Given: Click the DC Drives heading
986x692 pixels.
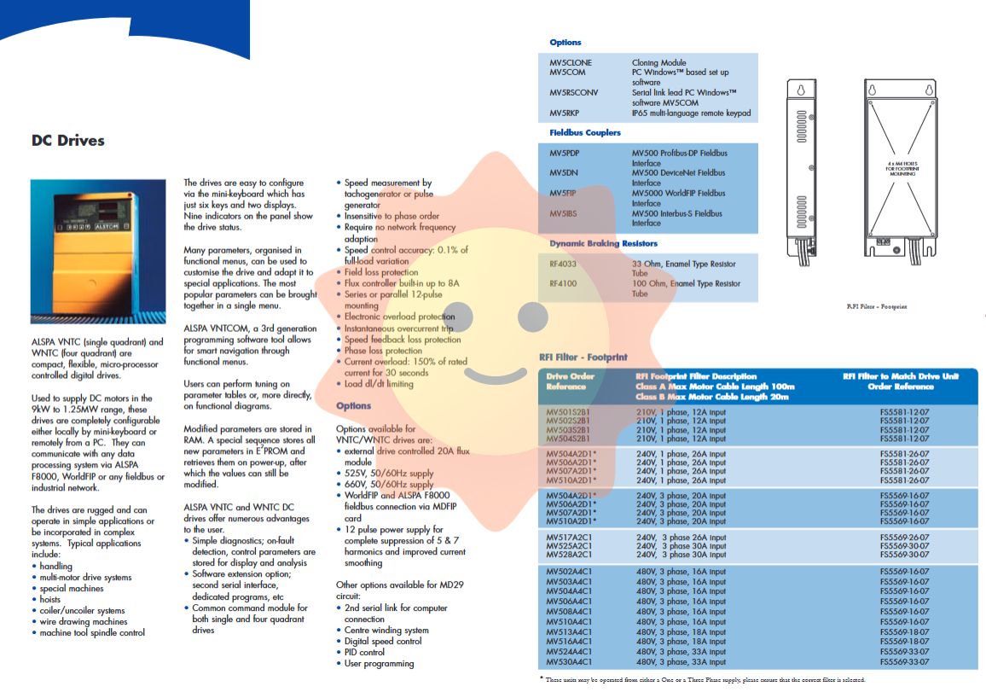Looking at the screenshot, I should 68,141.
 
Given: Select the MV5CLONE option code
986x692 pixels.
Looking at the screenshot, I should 571,63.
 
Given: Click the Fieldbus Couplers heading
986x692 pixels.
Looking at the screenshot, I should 585,133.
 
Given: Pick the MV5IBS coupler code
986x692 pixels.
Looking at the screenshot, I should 565,213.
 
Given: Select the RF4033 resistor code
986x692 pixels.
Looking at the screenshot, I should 562,265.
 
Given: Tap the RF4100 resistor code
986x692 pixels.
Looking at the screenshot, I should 562,284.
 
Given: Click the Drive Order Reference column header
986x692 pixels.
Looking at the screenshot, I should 571,381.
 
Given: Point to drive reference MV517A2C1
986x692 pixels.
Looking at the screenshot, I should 571,538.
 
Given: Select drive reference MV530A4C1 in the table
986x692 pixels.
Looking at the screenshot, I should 571,662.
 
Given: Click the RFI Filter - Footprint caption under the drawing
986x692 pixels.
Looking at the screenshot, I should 877,305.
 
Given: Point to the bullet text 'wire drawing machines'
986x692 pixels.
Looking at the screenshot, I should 84,622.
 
